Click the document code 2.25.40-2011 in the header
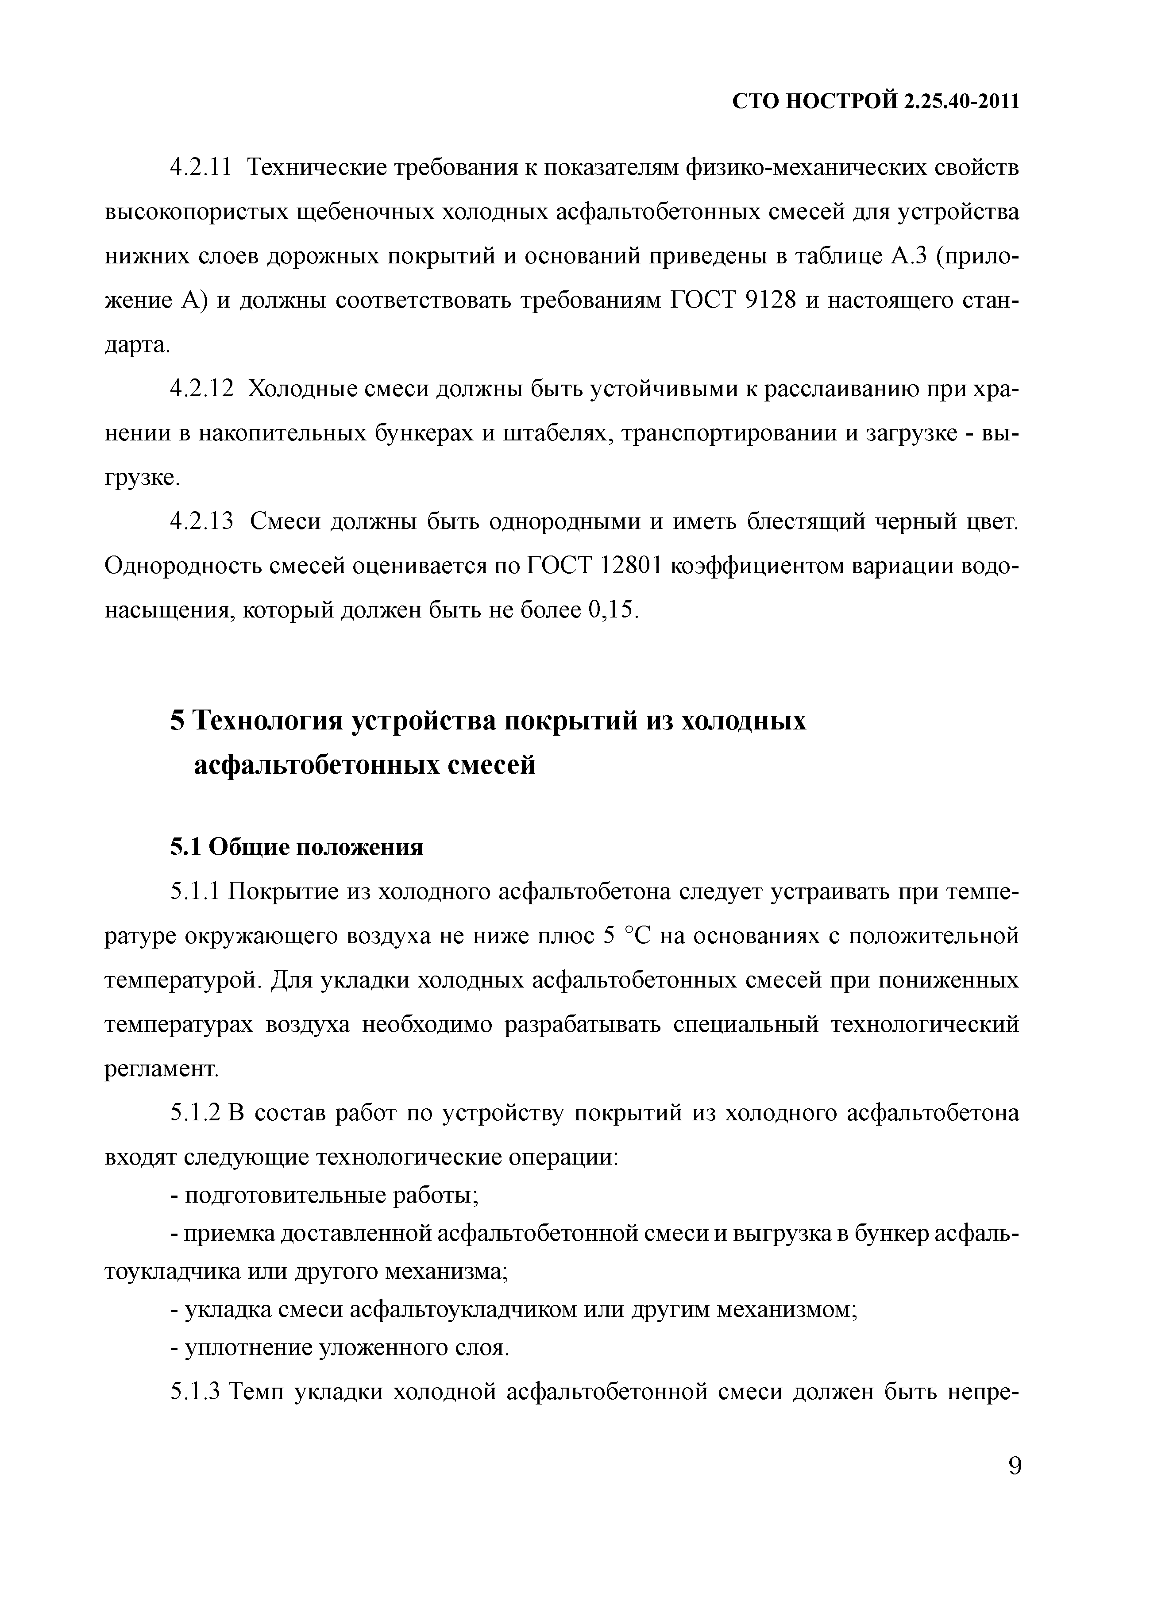961,102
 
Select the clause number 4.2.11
201,169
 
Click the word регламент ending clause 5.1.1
162,1069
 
